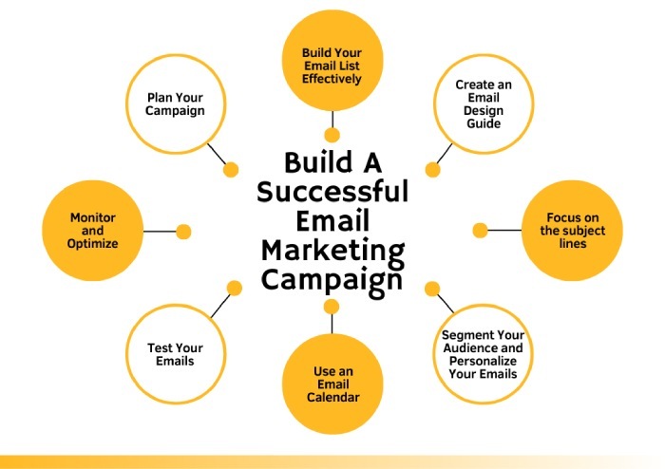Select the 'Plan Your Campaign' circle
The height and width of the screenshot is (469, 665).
pyautogui.click(x=176, y=103)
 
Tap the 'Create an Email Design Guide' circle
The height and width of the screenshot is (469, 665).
pyautogui.click(x=483, y=103)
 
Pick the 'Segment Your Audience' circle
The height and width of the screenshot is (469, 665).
pyautogui.click(x=483, y=354)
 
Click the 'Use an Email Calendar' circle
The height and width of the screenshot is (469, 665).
pyautogui.click(x=332, y=383)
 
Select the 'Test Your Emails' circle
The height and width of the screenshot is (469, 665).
pyautogui.click(x=176, y=354)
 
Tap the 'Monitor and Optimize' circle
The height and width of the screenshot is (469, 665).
pyautogui.click(x=93, y=231)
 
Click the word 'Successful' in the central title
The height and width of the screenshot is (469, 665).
pyautogui.click(x=332, y=192)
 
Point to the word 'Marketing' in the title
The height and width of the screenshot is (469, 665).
pyautogui.click(x=332, y=252)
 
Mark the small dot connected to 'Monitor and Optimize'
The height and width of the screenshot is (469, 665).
pyautogui.click(x=183, y=231)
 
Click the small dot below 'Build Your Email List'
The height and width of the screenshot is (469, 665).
pyautogui.click(x=332, y=135)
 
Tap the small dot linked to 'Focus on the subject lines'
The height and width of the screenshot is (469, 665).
pyautogui.click(x=480, y=230)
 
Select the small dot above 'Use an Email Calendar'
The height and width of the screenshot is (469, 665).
pyautogui.click(x=332, y=306)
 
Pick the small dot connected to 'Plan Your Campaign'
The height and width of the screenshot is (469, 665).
pyautogui.click(x=230, y=170)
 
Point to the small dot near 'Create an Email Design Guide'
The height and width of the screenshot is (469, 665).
pyautogui.click(x=432, y=170)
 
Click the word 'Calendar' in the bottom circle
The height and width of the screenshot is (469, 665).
pyautogui.click(x=332, y=398)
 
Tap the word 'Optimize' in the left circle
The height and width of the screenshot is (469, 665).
pyautogui.click(x=93, y=244)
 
